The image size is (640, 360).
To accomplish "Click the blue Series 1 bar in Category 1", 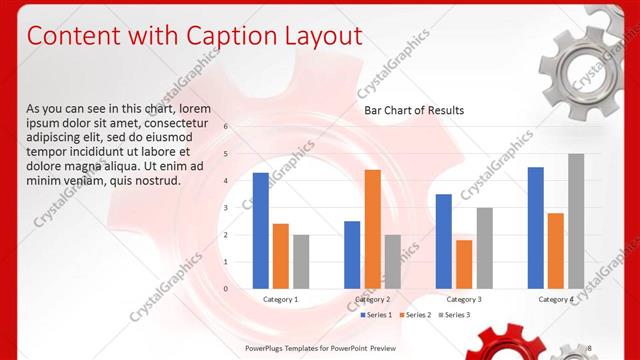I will pos(260,230).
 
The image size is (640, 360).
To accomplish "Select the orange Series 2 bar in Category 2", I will pos(372,228).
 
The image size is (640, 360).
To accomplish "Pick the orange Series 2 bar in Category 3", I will pos(464,264).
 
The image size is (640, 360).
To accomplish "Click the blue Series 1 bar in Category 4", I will pos(536,227).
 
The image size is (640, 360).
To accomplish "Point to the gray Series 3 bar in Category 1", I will pos(301,261).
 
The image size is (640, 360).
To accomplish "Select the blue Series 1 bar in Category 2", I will pos(352,254).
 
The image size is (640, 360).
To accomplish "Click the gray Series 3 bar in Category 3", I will pos(484,247).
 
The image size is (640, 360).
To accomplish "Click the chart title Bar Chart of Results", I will pos(413,110).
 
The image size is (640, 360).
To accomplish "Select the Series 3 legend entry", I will pos(455,315).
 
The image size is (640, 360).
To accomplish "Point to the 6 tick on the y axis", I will pos(226,127).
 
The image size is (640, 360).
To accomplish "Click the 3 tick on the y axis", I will pos(226,208).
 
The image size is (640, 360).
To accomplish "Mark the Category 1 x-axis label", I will pos(280,299).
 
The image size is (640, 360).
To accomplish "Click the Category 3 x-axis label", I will pos(464,299).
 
